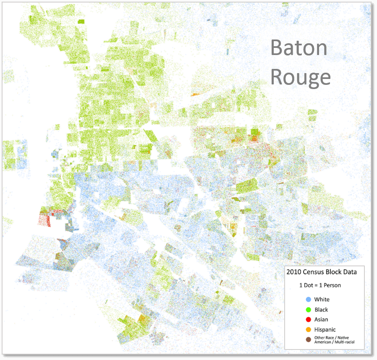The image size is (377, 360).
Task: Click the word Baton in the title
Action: (x=298, y=48)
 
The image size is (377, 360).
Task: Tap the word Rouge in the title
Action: (x=300, y=77)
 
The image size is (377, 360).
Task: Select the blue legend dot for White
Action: (x=309, y=300)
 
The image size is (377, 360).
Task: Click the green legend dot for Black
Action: (x=309, y=310)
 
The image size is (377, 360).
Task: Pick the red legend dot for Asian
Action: (x=309, y=320)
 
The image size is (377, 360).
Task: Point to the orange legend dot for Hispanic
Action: (x=309, y=330)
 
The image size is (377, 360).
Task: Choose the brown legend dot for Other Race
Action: (x=309, y=340)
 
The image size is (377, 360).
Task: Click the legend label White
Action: (x=322, y=300)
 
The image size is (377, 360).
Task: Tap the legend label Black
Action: (x=321, y=310)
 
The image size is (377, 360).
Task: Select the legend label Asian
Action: (x=321, y=320)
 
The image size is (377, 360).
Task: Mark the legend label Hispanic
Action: (x=325, y=330)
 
